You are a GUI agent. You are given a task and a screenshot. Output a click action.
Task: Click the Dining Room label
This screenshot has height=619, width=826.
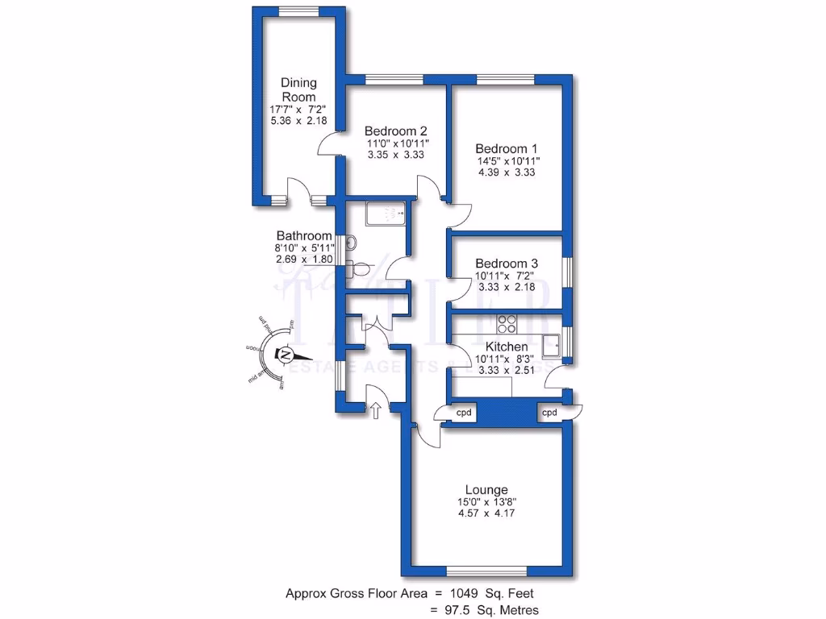point(298,89)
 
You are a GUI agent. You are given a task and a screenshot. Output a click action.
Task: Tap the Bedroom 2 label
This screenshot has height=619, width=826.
point(395,131)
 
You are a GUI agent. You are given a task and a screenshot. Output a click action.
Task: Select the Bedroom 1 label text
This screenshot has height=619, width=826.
point(506,148)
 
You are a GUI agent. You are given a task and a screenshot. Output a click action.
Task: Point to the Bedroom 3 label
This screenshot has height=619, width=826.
point(507,264)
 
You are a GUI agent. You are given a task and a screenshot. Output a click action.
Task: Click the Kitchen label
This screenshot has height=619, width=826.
point(507,346)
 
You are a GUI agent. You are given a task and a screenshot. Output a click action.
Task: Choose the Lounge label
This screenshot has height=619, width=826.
point(486,489)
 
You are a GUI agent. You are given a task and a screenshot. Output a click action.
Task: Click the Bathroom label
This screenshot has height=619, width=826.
point(303,235)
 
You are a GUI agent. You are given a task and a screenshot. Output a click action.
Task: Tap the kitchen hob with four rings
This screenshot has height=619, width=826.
point(507,323)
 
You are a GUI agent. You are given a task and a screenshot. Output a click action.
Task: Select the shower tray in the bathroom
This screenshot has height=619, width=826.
point(385,214)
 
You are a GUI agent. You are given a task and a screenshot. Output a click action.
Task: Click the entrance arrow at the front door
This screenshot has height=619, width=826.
point(375,409)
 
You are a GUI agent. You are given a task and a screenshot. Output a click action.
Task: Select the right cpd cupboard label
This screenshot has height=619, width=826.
point(549,413)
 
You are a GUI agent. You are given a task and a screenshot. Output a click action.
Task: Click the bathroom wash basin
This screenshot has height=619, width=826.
point(352,242)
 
